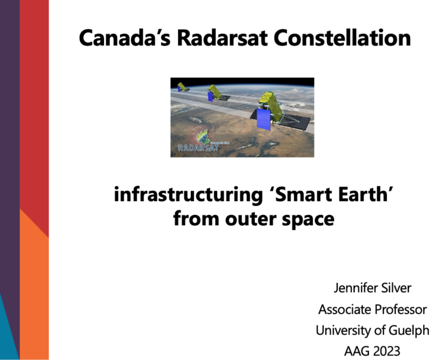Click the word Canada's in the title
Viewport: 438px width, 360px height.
(124, 38)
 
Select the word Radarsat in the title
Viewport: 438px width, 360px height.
(223, 38)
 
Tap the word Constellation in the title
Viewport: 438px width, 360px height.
(342, 38)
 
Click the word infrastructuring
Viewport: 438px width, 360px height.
(188, 195)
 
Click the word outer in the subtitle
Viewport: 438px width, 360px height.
(250, 219)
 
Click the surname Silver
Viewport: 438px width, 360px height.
(397, 288)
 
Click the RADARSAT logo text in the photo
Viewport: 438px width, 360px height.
(198, 148)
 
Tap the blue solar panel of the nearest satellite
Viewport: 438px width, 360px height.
(264, 119)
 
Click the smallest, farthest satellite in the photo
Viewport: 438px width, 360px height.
(182, 87)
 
